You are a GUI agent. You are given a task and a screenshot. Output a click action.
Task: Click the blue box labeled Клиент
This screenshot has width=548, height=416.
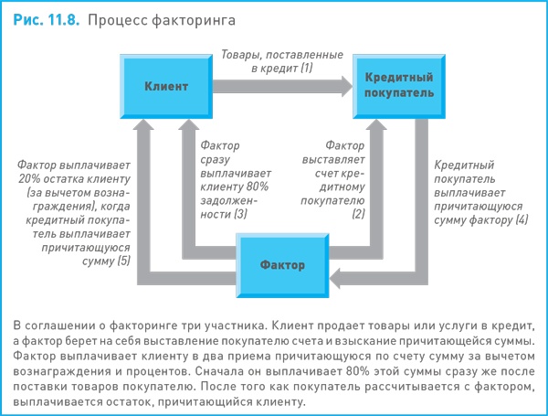[x=166, y=87]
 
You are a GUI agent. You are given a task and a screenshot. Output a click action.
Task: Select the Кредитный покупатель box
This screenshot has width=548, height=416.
[x=394, y=87]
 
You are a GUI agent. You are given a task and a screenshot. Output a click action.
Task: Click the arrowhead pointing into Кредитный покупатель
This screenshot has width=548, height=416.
[x=346, y=87]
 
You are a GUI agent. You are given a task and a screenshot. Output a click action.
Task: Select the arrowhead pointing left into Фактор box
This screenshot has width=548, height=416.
[x=336, y=277]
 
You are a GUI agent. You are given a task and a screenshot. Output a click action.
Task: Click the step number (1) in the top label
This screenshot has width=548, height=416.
[x=305, y=69]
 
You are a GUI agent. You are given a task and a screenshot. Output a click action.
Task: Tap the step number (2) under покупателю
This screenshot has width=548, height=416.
[x=358, y=214]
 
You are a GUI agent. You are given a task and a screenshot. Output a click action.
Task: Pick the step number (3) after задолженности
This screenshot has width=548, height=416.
[x=241, y=214]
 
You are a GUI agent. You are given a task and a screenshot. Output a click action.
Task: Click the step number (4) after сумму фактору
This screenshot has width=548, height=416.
[x=522, y=220]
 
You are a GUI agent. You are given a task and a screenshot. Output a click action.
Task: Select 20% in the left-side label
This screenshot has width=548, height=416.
[x=28, y=179]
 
